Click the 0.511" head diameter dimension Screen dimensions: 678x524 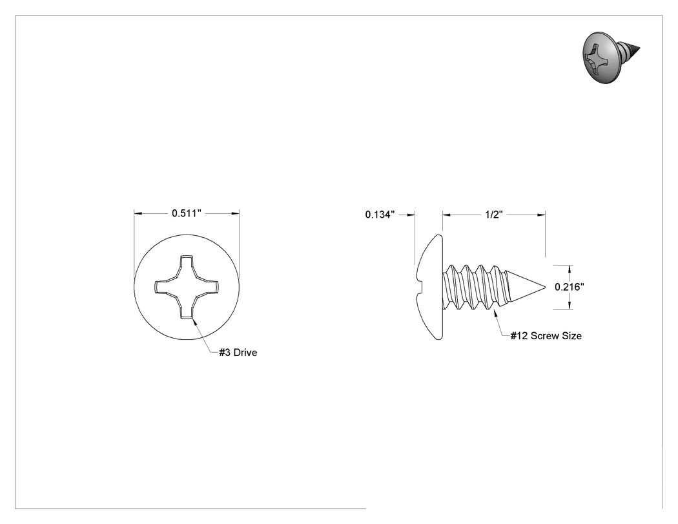[x=187, y=213]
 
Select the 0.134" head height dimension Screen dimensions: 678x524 [x=380, y=215]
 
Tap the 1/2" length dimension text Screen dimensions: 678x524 [x=493, y=215]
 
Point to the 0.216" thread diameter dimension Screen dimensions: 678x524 [x=570, y=287]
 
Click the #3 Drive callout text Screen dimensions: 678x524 [x=238, y=353]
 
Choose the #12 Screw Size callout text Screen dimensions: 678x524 [x=546, y=336]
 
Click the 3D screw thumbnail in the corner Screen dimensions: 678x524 [x=611, y=57]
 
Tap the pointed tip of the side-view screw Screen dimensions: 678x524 [x=545, y=287]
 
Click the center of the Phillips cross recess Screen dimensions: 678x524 [x=187, y=287]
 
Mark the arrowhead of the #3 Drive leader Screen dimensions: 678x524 [x=193, y=320]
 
